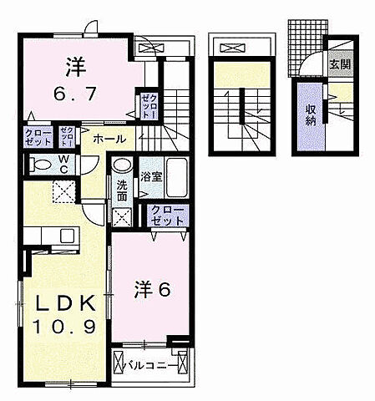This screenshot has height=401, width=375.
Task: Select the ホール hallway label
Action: click(109, 139)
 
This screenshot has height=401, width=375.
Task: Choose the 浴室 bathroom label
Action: click(150, 176)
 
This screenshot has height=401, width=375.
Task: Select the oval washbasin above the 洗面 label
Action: click(123, 165)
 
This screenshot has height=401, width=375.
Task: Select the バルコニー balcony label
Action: click(150, 365)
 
